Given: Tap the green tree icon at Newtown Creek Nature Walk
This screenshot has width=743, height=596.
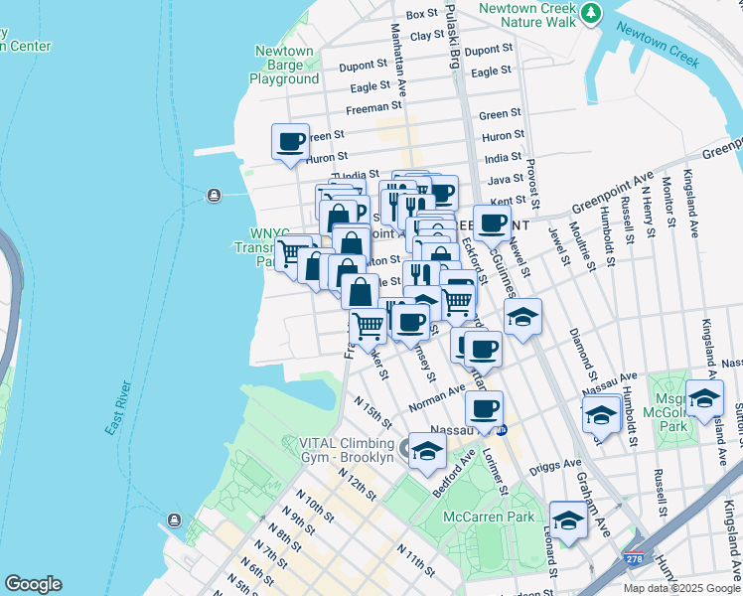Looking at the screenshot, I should click(x=592, y=13).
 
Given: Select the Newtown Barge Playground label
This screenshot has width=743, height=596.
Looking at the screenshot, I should click(x=284, y=66).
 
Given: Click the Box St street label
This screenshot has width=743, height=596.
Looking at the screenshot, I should click(x=422, y=14).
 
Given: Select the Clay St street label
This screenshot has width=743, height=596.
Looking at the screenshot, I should click(x=426, y=35).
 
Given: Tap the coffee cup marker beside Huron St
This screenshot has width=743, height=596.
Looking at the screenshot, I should click(x=291, y=142).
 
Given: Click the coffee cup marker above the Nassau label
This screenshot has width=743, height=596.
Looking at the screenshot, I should click(x=484, y=409).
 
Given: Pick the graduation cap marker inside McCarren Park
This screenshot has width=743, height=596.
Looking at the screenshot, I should click(x=568, y=520).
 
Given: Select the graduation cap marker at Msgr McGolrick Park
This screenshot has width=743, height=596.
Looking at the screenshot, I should click(x=704, y=398).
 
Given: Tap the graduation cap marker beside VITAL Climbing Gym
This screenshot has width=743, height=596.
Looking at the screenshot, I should click(x=427, y=450).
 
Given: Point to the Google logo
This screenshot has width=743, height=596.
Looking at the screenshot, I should click(x=33, y=584).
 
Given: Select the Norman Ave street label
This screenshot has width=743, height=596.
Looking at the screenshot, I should click(x=437, y=398).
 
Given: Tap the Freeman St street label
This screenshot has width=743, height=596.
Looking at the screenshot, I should click(x=373, y=108).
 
